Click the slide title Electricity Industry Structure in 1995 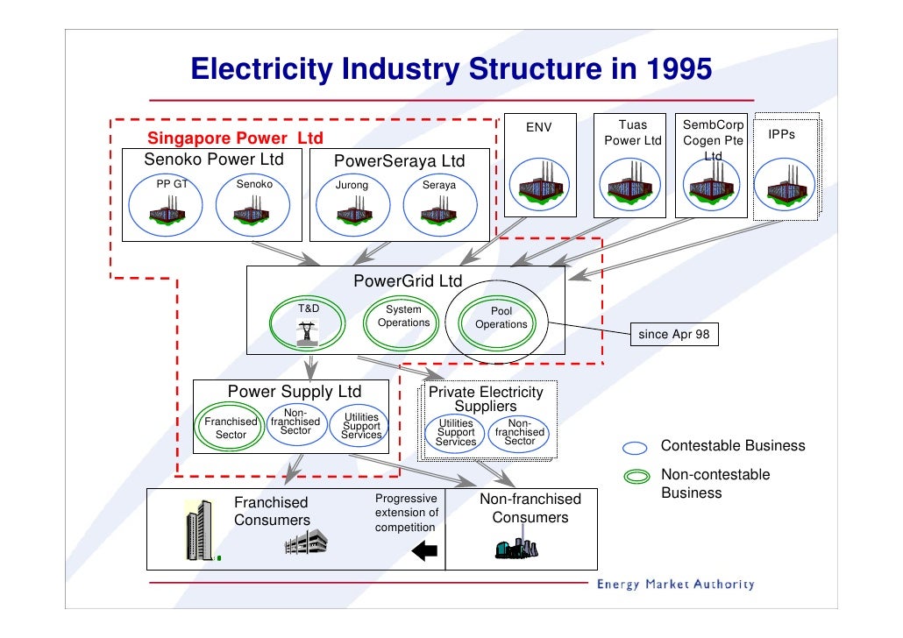[x=451, y=69]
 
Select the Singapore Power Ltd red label [x=235, y=138]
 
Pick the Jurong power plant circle [x=354, y=208]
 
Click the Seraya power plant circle [x=437, y=208]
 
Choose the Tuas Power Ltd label [x=633, y=133]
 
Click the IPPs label [x=781, y=135]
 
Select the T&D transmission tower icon [x=307, y=334]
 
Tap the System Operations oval [x=403, y=323]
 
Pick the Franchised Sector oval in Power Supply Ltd [x=231, y=428]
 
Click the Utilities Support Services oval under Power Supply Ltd [x=361, y=426]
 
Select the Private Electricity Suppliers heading [x=486, y=399]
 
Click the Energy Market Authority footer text [x=675, y=585]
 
